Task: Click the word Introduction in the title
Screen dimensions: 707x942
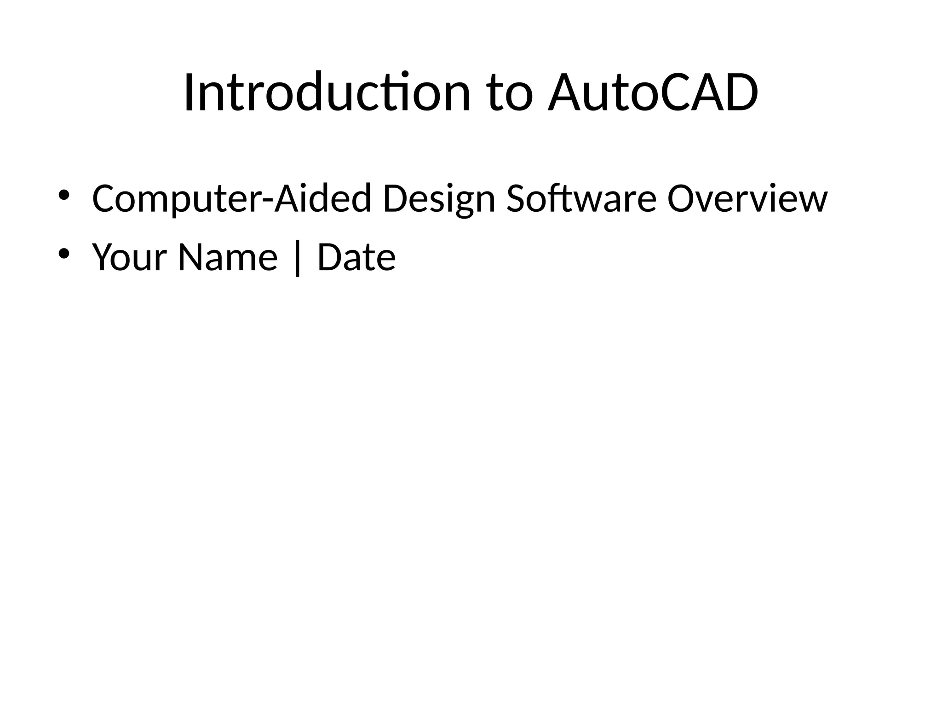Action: coord(327,93)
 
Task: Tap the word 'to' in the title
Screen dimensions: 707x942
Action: coord(510,93)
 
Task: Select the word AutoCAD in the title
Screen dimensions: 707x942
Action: coord(653,93)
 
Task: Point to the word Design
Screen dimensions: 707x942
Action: coord(439,199)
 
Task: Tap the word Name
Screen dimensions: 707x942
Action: coord(228,257)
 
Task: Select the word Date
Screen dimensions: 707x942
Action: coord(356,257)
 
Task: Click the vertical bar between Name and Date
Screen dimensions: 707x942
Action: coord(298,259)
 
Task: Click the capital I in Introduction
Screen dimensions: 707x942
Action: coord(189,93)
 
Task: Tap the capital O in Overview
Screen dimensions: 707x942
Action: coord(682,199)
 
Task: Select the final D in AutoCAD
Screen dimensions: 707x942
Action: coord(738,93)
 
